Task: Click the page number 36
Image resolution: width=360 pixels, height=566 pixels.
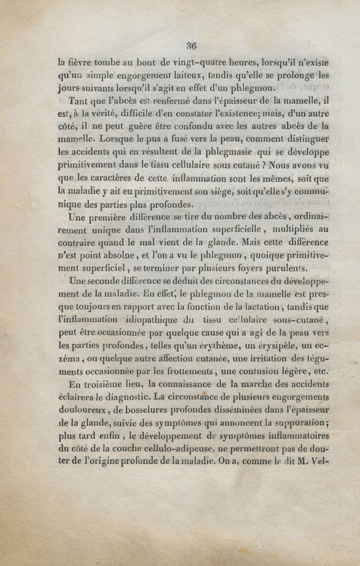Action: (192, 46)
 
